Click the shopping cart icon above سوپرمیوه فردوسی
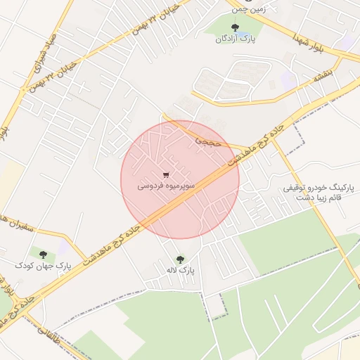point(166,175)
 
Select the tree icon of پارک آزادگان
point(235,28)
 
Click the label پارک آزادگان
point(235,39)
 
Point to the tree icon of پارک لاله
point(181,259)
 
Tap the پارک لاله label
point(181,270)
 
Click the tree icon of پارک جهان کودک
point(44,254)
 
